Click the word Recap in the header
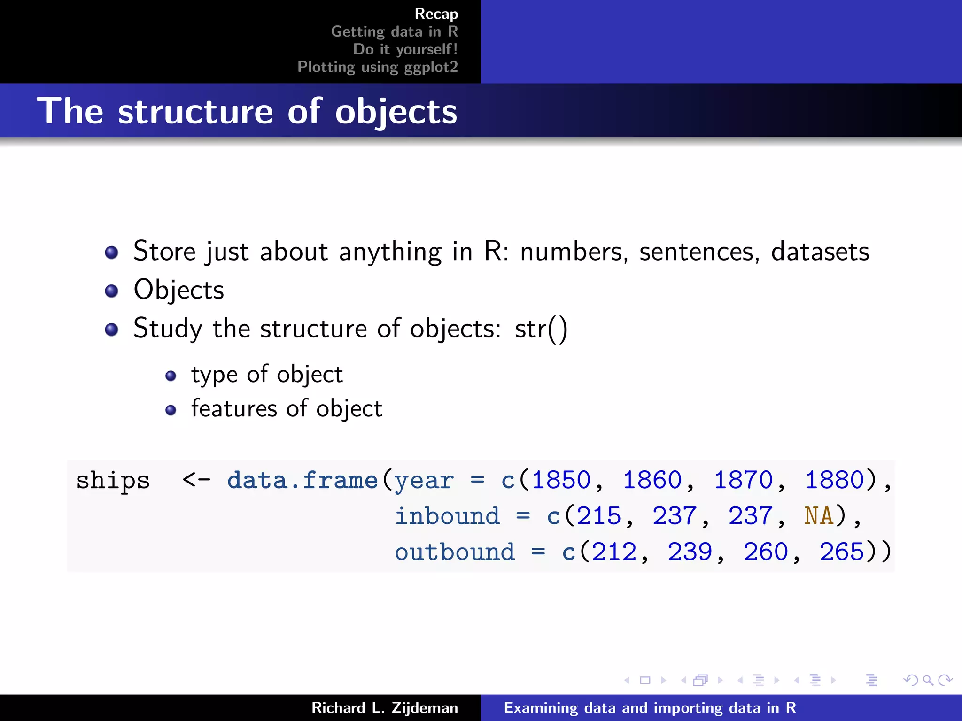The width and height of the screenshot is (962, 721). (x=436, y=14)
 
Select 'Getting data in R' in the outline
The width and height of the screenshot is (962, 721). (x=394, y=31)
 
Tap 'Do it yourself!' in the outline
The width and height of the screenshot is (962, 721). (x=405, y=49)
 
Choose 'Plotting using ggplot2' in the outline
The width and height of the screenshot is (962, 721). (x=377, y=67)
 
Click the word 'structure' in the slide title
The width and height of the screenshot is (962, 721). (x=195, y=112)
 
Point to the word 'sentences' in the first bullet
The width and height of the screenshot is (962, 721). (x=699, y=252)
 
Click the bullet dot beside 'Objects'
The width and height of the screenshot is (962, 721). (x=111, y=291)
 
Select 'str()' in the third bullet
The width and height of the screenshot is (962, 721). (x=541, y=329)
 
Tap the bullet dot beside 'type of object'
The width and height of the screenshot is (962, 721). (x=171, y=376)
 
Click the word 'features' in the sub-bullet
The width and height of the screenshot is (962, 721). (x=233, y=408)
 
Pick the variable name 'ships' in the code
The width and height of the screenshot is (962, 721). (x=113, y=480)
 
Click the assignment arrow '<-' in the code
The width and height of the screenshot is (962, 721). (x=196, y=480)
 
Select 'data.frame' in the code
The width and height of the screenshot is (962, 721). (x=303, y=480)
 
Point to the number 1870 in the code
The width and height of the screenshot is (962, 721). (x=743, y=480)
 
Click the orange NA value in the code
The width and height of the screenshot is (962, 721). (x=818, y=516)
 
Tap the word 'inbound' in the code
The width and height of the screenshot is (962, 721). (x=447, y=516)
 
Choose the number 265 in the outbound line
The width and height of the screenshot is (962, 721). (x=841, y=552)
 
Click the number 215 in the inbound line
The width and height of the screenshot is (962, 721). (x=598, y=516)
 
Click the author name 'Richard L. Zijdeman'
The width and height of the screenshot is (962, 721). (x=384, y=708)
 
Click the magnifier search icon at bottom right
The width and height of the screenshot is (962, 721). (x=928, y=680)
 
